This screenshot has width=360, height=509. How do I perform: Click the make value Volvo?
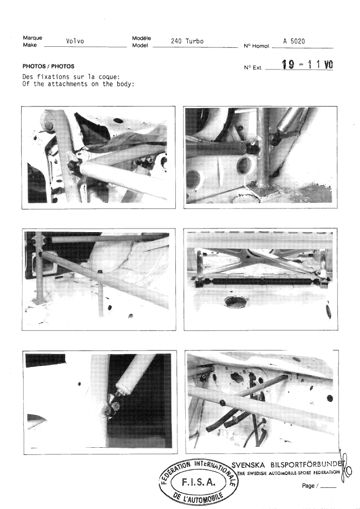[75, 41]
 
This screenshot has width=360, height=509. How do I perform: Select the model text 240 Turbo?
[187, 41]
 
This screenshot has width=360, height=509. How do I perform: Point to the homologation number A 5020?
[294, 41]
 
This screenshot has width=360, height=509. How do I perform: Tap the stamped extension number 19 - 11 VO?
[307, 65]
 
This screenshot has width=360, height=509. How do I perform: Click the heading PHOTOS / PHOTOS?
[48, 66]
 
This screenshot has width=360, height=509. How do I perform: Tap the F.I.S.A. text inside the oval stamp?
[198, 482]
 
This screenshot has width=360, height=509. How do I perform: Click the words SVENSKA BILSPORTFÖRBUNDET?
[286, 465]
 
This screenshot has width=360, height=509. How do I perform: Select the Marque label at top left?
[32, 38]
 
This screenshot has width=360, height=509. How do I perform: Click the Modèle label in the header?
[141, 38]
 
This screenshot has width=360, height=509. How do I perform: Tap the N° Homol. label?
[257, 46]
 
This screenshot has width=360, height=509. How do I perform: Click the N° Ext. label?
[253, 67]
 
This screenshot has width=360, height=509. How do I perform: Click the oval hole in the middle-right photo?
[236, 302]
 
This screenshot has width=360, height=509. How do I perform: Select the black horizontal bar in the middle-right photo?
[263, 281]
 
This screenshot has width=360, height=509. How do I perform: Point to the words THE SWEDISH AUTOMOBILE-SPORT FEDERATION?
[289, 473]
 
